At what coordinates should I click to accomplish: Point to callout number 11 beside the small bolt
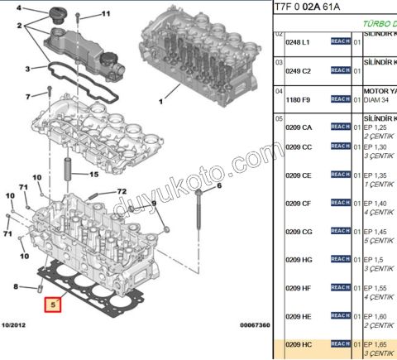pos(105,14)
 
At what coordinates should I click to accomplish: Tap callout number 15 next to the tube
pos(93,175)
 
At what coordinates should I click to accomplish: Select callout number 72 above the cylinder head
pos(121,191)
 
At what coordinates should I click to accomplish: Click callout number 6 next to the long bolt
pos(220,186)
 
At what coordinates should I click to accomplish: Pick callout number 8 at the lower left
pos(15,286)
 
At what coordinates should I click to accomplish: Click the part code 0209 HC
pos(299,343)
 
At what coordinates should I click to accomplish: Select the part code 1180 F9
pos(298,99)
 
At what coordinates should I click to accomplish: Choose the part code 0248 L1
pos(298,41)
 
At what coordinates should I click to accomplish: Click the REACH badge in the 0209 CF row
pos(340,203)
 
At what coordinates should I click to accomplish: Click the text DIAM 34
pos(378,99)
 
